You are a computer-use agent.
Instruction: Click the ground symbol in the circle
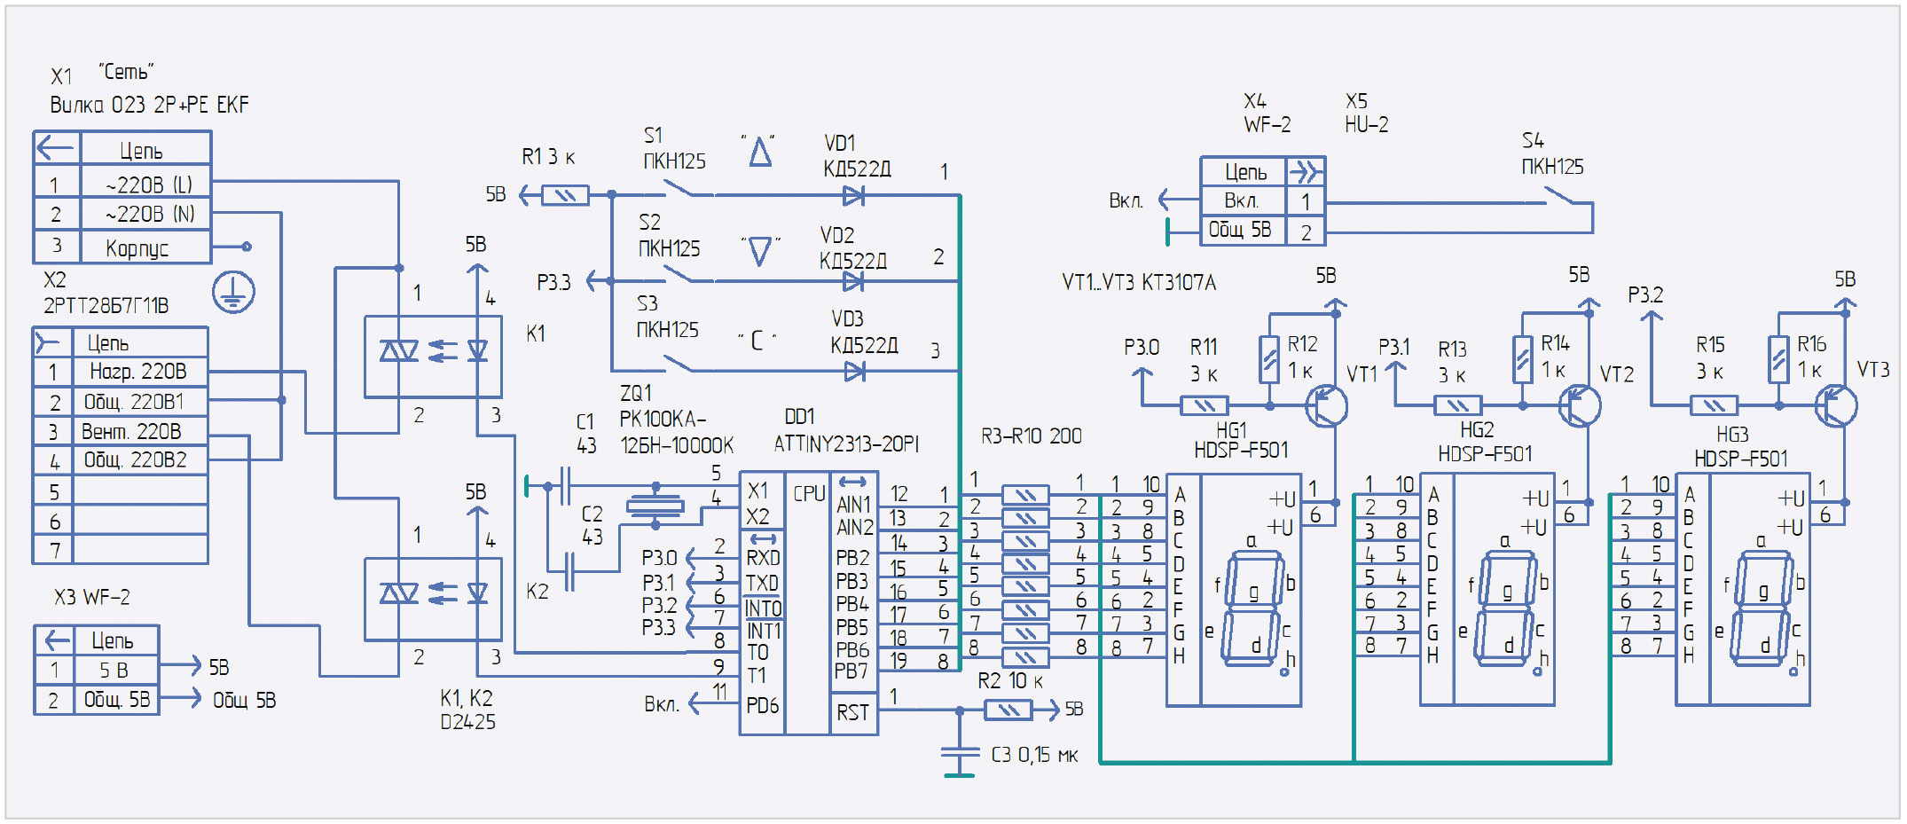pos(233,292)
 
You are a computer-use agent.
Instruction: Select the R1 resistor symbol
pos(565,195)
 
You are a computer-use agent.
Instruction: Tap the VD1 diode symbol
pos(854,195)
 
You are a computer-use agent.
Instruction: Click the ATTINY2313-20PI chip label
pos(846,443)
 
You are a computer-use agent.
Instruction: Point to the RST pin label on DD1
pos(852,712)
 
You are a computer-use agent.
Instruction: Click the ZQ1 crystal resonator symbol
pos(655,506)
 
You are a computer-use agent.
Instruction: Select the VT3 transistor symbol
pos(1835,406)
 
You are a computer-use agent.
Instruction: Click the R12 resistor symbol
pos(1270,359)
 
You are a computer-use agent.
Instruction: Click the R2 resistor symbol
pos(1008,710)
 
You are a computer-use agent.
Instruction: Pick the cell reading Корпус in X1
pos(137,247)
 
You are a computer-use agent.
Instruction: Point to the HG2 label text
pos(1477,430)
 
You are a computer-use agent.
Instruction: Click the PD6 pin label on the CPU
pos(762,705)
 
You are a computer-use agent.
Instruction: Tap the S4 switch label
pos(1533,140)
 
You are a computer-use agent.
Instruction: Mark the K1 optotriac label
pos(536,334)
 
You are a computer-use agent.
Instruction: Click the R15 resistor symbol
pos(1714,406)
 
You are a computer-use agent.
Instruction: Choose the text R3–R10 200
pos(1032,436)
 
